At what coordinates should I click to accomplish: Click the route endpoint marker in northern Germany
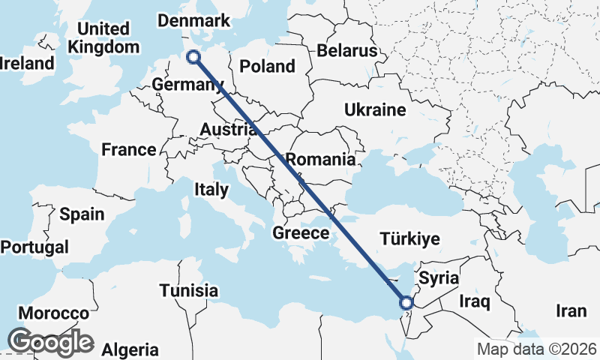[193, 57]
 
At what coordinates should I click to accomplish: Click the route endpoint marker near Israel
[406, 303]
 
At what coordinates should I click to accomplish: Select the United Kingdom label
[103, 37]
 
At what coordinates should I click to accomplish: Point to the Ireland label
[28, 63]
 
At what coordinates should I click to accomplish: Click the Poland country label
[267, 66]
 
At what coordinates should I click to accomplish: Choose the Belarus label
[346, 51]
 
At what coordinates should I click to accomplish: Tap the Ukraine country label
[375, 110]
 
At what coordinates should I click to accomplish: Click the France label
[129, 149]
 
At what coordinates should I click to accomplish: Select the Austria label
[228, 130]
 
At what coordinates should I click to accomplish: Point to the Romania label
[320, 159]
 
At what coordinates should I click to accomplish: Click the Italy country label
[211, 189]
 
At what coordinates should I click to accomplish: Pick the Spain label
[82, 214]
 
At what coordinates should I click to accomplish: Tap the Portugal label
[34, 247]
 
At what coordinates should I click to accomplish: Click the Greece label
[301, 232]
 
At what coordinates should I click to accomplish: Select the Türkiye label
[409, 239]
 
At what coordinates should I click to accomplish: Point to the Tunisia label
[188, 290]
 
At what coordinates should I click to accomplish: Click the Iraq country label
[475, 301]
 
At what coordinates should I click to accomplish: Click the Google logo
[50, 342]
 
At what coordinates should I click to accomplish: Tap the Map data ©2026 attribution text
[536, 349]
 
